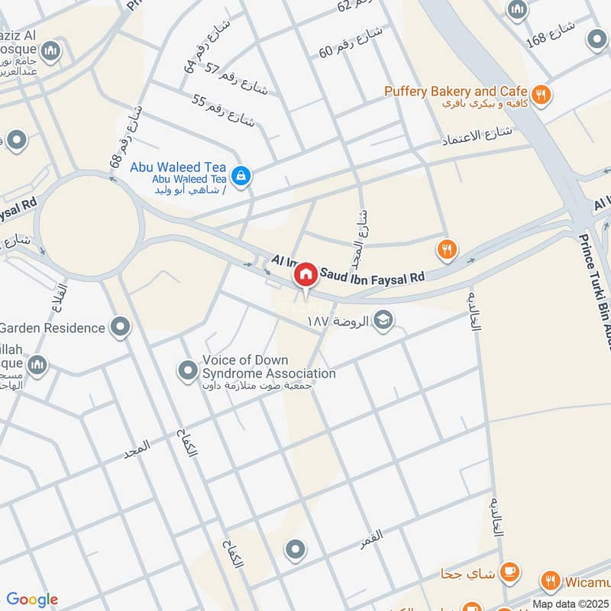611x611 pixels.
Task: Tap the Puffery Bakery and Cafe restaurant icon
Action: [542, 95]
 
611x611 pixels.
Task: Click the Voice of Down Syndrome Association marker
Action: [188, 372]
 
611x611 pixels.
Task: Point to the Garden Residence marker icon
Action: [120, 328]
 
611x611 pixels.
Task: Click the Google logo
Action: [32, 600]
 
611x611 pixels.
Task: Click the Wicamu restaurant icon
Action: [550, 583]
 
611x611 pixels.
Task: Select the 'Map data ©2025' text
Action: [571, 603]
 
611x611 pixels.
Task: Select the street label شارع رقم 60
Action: [349, 43]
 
